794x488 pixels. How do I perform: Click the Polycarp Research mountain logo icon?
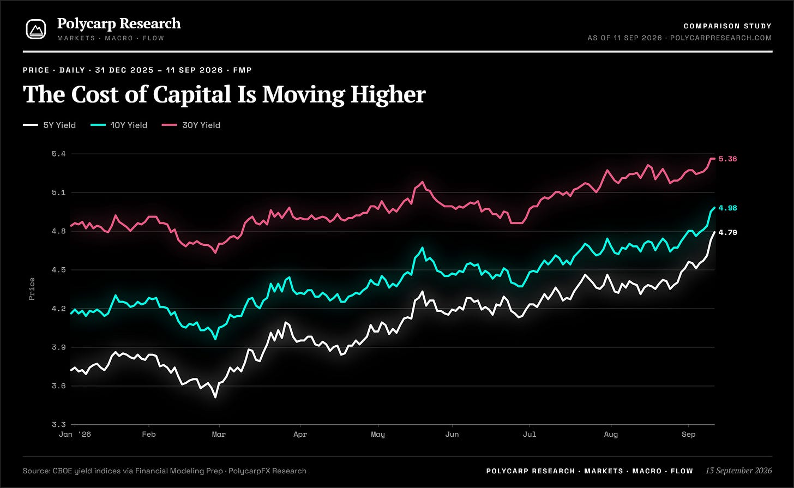click(36, 29)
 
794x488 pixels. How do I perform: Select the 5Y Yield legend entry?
click(49, 125)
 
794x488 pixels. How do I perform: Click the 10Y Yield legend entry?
click(119, 125)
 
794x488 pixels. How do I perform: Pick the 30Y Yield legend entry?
click(191, 125)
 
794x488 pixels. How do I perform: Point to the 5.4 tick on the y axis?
click(59, 154)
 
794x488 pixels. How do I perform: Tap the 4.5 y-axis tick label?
click(59, 270)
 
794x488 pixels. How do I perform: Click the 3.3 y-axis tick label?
click(59, 424)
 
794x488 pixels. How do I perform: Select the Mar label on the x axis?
click(219, 434)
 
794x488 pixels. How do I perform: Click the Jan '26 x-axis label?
click(75, 434)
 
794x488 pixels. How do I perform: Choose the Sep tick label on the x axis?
click(688, 434)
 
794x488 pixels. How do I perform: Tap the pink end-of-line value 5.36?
click(727, 159)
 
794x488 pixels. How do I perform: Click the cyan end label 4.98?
click(727, 208)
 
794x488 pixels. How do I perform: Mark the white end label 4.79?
click(727, 232)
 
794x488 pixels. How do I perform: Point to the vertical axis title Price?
click(32, 289)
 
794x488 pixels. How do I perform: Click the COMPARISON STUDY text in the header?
click(727, 26)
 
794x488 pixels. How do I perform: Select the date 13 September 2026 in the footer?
click(738, 471)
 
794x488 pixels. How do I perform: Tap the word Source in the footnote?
click(37, 471)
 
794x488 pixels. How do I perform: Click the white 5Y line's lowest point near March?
click(215, 397)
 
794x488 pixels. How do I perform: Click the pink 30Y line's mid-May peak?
click(422, 182)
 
